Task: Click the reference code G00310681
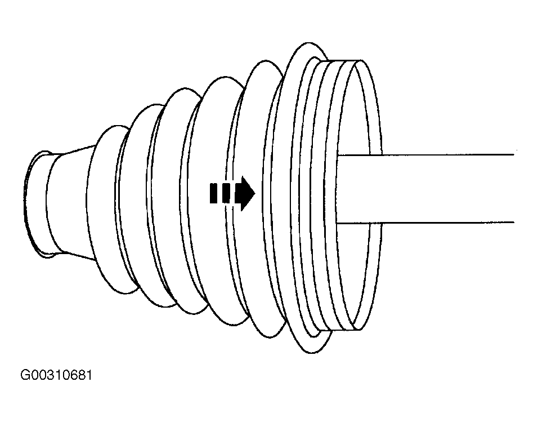(x=56, y=375)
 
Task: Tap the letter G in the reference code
(x=25, y=375)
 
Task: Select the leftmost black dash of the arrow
(x=213, y=193)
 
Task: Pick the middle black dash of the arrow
(x=226, y=193)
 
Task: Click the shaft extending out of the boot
(x=425, y=189)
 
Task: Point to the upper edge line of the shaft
(x=425, y=154)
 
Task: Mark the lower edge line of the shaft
(x=425, y=223)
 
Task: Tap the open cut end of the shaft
(x=514, y=189)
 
